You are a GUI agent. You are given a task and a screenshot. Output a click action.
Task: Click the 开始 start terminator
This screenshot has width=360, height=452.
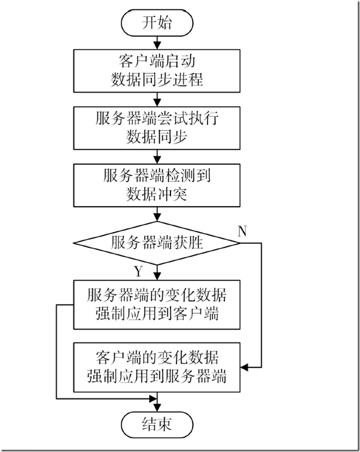pyautogui.click(x=157, y=23)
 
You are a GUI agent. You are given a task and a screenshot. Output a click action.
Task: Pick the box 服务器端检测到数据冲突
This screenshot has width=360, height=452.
pyautogui.click(x=157, y=185)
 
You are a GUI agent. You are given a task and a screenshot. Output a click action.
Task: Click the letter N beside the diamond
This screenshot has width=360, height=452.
pyautogui.click(x=243, y=230)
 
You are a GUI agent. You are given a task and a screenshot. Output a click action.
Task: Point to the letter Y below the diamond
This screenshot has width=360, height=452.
pyautogui.click(x=139, y=271)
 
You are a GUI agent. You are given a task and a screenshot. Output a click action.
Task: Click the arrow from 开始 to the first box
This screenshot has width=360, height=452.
pyautogui.click(x=157, y=42)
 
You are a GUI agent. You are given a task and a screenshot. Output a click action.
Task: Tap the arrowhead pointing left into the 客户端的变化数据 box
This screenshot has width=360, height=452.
pyautogui.click(x=245, y=367)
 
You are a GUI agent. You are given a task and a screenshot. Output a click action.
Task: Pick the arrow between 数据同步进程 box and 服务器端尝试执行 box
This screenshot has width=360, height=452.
pyautogui.click(x=157, y=99)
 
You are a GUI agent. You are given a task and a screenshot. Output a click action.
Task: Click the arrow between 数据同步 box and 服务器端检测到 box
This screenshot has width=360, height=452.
pyautogui.click(x=157, y=156)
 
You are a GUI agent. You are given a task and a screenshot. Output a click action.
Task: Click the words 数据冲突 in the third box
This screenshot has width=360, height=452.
pyautogui.click(x=157, y=194)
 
